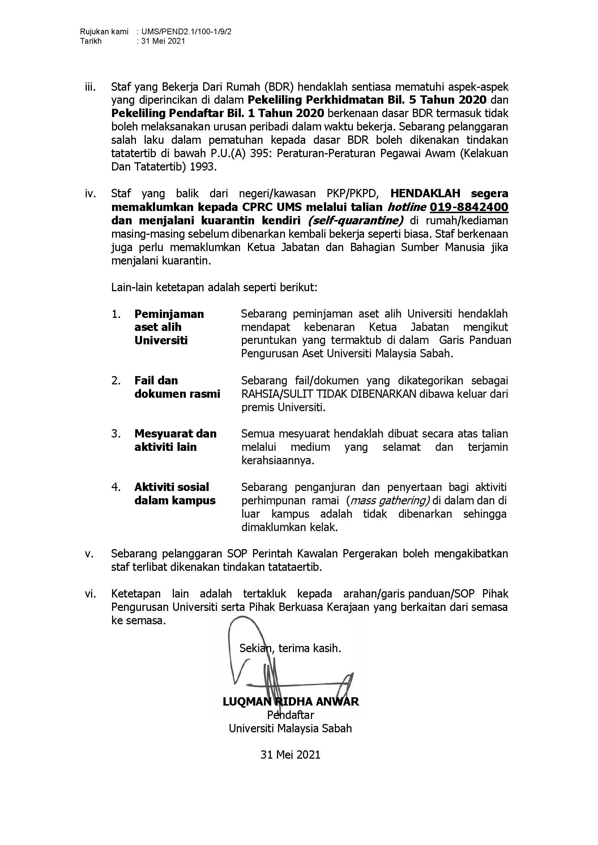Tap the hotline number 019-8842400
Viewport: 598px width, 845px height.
coord(469,207)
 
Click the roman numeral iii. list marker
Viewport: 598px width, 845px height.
coord(90,87)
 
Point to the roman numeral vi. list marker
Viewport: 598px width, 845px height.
coord(90,594)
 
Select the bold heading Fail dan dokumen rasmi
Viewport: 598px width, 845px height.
coord(177,387)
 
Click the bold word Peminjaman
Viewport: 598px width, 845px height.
coord(169,314)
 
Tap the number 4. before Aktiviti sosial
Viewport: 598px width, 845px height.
coord(116,487)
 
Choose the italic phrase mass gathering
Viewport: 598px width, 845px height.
coord(390,500)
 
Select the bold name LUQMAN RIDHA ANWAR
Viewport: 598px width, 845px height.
coord(291,702)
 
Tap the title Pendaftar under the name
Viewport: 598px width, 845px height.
coord(291,715)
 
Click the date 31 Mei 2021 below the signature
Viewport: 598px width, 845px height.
coord(290,755)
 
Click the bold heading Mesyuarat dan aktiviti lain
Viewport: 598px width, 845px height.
coord(175,440)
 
